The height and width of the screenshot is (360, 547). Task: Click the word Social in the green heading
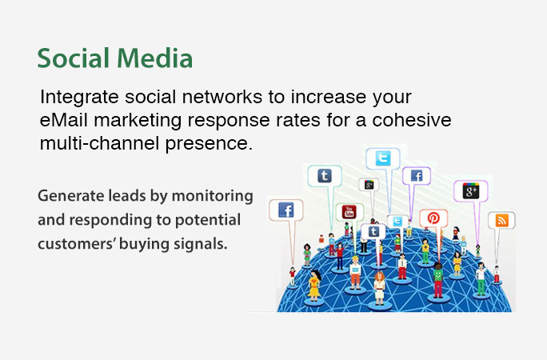(x=74, y=58)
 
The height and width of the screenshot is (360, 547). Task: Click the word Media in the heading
(x=154, y=58)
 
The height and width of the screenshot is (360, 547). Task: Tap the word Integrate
(x=79, y=98)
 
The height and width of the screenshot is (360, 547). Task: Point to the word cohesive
(x=412, y=120)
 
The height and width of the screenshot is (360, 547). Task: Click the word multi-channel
(x=99, y=143)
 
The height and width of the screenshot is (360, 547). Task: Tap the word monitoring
(x=213, y=196)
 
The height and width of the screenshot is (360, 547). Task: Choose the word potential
(x=208, y=221)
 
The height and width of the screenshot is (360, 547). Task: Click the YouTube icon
(x=349, y=212)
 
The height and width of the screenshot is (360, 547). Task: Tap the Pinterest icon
(x=433, y=218)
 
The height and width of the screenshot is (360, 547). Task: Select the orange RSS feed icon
(x=501, y=221)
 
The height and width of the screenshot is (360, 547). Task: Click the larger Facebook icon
(x=286, y=210)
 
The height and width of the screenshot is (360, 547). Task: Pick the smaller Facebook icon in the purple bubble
(x=417, y=176)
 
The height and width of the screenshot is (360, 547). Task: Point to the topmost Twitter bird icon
(x=383, y=159)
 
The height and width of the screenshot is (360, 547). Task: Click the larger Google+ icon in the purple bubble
(x=470, y=191)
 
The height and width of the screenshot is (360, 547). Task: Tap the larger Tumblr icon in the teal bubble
(x=325, y=176)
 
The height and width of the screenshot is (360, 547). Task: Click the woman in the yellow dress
(x=314, y=286)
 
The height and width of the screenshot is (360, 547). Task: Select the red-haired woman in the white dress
(x=379, y=288)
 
